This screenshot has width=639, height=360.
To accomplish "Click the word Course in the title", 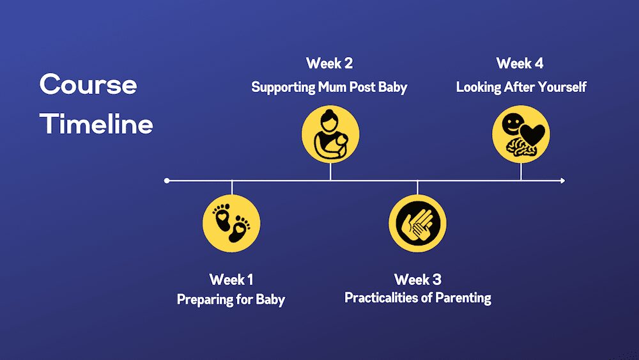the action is click(88, 84).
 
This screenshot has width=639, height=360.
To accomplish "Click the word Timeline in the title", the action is click(96, 123).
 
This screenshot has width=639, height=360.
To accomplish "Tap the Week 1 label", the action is click(231, 279).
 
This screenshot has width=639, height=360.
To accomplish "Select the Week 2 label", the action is click(329, 63).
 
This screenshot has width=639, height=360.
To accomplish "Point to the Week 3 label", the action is click(418, 279).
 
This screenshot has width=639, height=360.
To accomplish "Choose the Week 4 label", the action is click(520, 63).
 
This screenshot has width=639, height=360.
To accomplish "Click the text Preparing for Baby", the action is click(231, 300).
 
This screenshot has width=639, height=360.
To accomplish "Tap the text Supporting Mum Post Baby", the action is click(329, 87).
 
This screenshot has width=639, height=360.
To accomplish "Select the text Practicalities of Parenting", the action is click(418, 298).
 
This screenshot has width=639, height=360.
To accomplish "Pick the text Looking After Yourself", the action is click(521, 87).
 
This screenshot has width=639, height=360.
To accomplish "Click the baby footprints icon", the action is click(231, 223).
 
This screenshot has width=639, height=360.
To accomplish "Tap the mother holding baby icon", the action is click(330, 134).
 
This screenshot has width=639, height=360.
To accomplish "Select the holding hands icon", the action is click(417, 223).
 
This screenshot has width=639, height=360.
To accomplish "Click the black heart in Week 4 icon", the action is click(532, 134).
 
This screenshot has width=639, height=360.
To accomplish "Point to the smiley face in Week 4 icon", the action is click(512, 123).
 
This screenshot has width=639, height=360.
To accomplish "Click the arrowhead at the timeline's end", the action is click(563, 180).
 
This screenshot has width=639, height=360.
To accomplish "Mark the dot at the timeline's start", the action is click(167, 180).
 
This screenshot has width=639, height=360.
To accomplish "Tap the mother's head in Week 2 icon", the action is click(329, 118).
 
